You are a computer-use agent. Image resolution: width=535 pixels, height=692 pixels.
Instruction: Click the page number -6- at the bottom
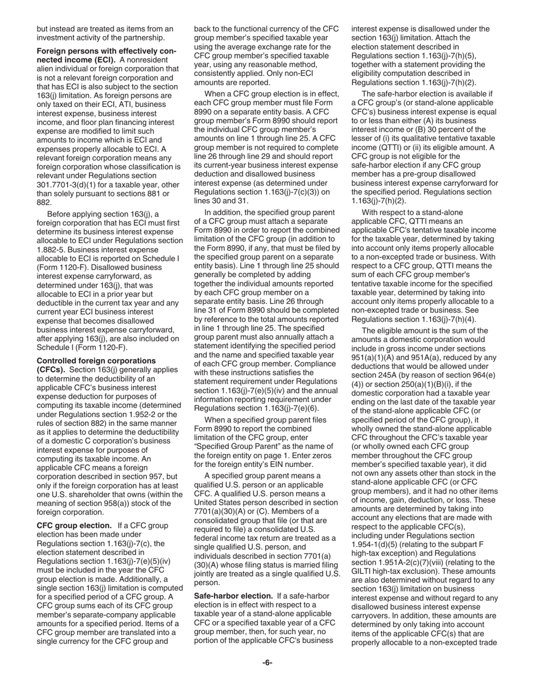click(267, 663)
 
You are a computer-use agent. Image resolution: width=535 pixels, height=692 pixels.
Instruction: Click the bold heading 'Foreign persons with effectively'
click(106, 51)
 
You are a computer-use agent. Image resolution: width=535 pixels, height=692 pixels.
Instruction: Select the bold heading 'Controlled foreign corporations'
click(96, 361)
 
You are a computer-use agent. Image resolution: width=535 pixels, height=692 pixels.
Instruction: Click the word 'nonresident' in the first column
click(158, 60)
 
